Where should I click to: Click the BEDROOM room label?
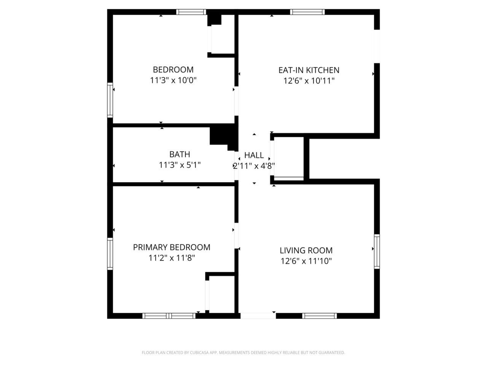(173, 70)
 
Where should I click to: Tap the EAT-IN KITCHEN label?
(309, 70)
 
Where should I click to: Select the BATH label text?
(180, 154)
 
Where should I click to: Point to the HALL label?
(254, 155)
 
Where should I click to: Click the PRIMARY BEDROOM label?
(172, 247)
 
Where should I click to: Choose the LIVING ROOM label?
(306, 251)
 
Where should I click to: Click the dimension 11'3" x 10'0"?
(173, 81)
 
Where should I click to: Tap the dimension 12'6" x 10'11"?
(309, 81)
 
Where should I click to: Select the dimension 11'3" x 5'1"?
(180, 165)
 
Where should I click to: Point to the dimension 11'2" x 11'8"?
(172, 258)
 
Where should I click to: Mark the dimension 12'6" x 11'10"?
(306, 261)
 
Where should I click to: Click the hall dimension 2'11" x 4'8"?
(254, 166)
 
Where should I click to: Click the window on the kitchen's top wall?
(307, 12)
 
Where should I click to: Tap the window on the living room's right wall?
(377, 251)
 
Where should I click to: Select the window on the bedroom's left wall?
(110, 100)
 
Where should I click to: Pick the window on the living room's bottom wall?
(319, 316)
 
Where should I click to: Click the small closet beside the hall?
(289, 157)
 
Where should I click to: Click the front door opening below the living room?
(258, 316)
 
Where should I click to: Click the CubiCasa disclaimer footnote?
(243, 353)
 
